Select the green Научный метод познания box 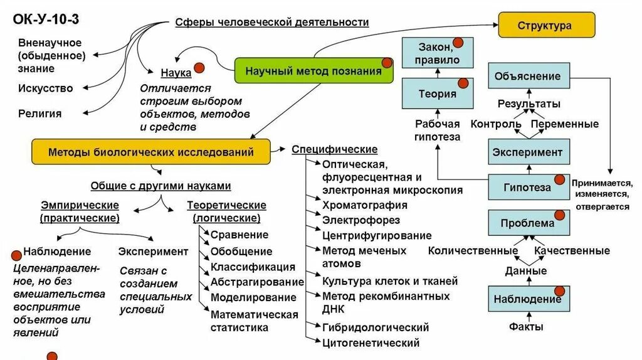[x=313, y=71]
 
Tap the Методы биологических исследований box [x=151, y=152]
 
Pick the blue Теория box [x=437, y=94]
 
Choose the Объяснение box [x=529, y=77]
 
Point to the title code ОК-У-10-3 [x=46, y=19]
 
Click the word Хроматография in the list [x=365, y=205]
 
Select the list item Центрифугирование [x=377, y=236]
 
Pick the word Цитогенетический [x=371, y=343]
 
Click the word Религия [x=40, y=114]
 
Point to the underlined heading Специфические [x=335, y=149]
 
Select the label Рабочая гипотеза [x=438, y=130]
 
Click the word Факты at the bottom [x=526, y=327]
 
